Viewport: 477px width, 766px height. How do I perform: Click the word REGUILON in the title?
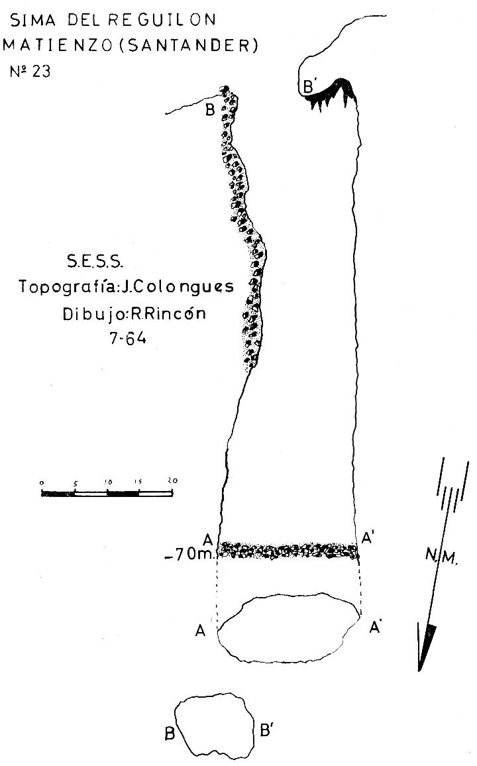pos(162,19)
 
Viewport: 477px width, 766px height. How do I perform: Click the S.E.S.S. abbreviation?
pos(95,262)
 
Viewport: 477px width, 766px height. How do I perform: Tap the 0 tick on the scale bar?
pos(42,483)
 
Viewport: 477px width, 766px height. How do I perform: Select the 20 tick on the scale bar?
pos(172,480)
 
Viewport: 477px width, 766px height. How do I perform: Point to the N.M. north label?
pos(441,555)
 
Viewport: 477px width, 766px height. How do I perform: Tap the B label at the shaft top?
pos(210,111)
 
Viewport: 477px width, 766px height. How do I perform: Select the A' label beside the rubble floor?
pos(368,538)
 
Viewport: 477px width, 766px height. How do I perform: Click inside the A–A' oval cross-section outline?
pos(289,628)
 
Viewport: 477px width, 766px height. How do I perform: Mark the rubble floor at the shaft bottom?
pos(289,551)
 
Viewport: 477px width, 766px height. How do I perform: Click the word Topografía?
pos(66,286)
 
